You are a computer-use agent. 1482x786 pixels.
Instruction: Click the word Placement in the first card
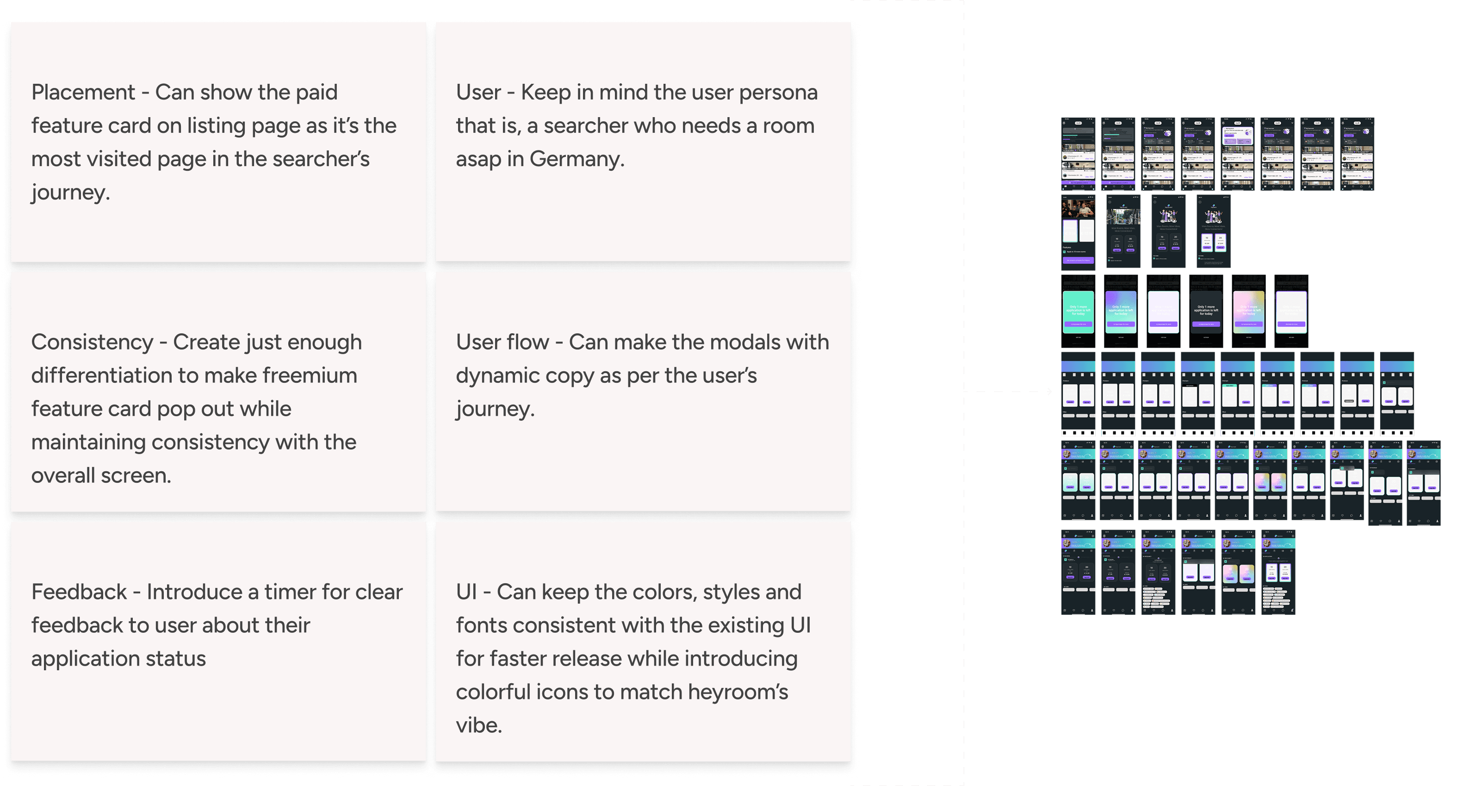click(83, 92)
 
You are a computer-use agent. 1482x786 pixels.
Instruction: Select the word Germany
click(577, 159)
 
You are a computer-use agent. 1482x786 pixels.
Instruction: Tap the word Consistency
click(92, 342)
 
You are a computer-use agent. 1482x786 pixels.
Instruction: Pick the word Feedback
click(79, 592)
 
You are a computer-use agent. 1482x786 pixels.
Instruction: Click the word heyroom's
click(738, 692)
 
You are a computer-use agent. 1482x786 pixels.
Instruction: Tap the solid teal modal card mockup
click(1078, 311)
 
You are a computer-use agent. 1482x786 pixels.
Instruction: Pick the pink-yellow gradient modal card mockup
click(1248, 311)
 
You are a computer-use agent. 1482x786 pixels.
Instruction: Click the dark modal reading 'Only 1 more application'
click(1206, 311)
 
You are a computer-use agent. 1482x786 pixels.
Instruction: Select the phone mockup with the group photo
click(1078, 231)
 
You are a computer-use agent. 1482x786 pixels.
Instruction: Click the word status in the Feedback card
click(175, 658)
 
